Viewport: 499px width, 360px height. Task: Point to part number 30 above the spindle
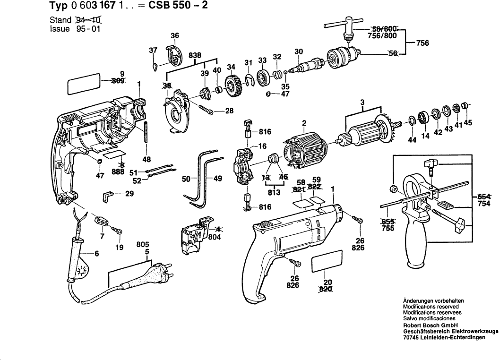point(298,51)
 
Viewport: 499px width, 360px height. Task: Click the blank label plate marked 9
point(84,85)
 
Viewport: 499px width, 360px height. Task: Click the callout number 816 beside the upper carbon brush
point(264,132)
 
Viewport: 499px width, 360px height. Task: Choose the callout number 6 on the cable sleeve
point(97,254)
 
